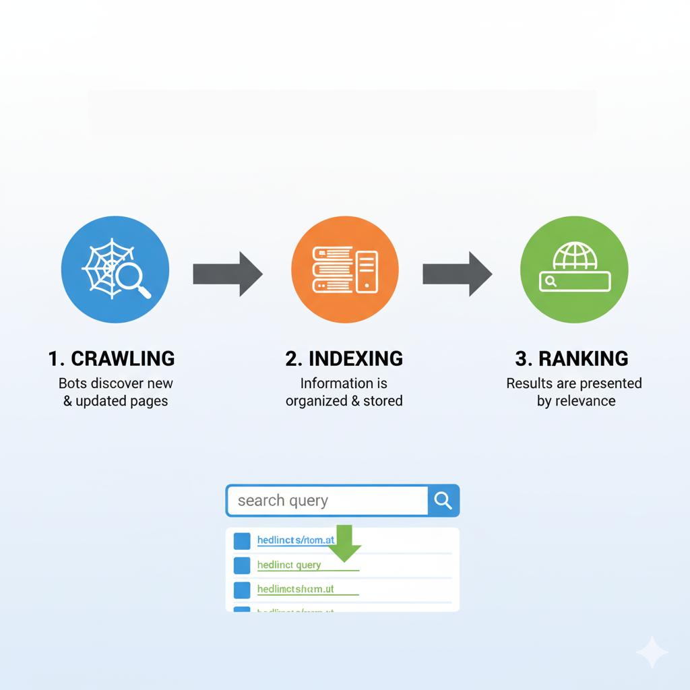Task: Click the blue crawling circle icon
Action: [115, 270]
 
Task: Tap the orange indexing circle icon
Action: [344, 270]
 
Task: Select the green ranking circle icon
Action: [574, 270]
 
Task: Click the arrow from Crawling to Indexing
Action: [227, 274]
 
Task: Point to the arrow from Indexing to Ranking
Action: [457, 274]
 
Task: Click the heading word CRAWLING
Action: [123, 358]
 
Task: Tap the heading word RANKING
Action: [584, 358]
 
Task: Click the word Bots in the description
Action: [73, 383]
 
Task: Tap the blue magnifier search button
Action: [443, 501]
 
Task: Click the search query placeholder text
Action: [283, 501]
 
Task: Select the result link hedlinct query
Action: [289, 565]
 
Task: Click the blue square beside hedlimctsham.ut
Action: [242, 590]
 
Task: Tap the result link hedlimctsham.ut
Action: [295, 589]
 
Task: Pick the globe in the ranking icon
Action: [574, 256]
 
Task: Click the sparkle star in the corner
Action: [652, 652]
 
